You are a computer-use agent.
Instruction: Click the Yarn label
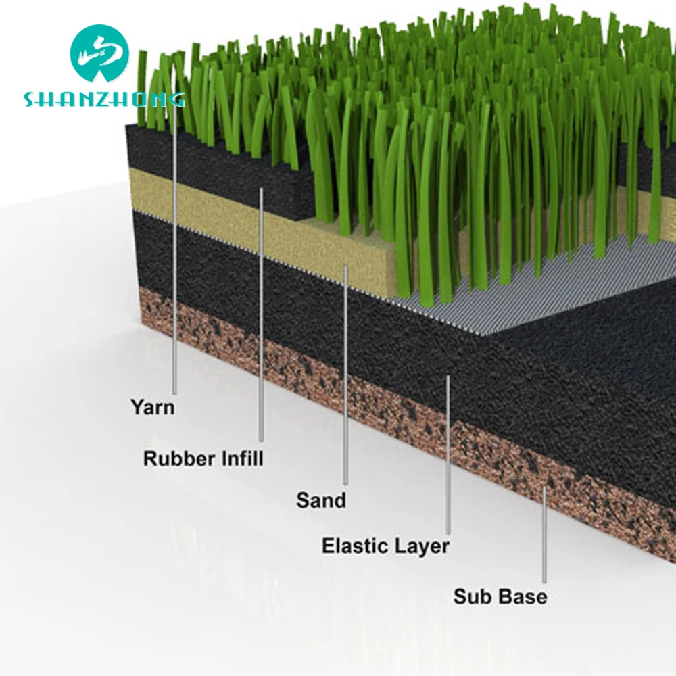click(x=152, y=407)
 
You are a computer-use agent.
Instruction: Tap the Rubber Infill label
click(x=203, y=458)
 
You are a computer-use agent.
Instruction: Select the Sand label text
click(x=320, y=501)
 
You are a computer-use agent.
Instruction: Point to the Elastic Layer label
click(x=385, y=546)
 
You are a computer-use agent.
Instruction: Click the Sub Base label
click(x=500, y=597)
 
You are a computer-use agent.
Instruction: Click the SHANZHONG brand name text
click(x=103, y=100)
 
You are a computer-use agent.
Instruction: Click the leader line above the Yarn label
click(x=174, y=270)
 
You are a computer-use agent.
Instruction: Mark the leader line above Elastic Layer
click(x=448, y=453)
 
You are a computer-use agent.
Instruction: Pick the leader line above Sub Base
click(x=544, y=534)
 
